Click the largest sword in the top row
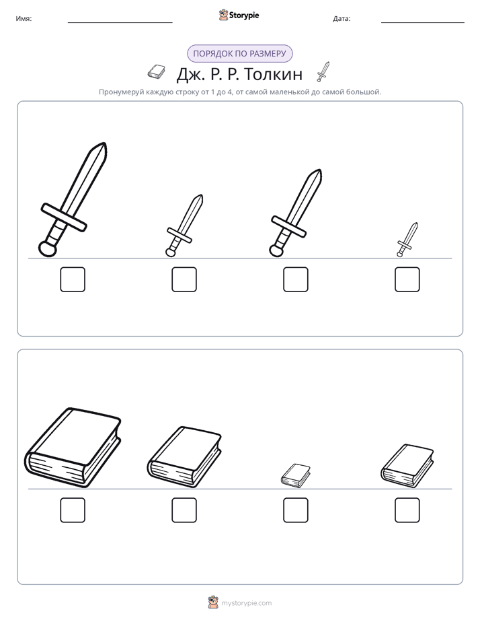[x=73, y=199]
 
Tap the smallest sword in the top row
[x=407, y=240]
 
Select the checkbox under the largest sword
[x=73, y=279]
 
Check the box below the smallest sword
[x=407, y=279]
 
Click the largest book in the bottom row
[x=73, y=447]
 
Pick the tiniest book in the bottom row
[x=295, y=475]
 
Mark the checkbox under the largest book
[x=73, y=510]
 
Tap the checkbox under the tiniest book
[x=295, y=510]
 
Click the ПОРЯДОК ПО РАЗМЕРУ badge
[x=239, y=54]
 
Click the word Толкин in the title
[x=273, y=74]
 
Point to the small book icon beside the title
[x=156, y=71]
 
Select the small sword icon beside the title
[x=323, y=71]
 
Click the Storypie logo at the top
[x=239, y=15]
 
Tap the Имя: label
[x=24, y=19]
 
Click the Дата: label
[x=342, y=19]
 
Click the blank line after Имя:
[x=120, y=23]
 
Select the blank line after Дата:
[x=423, y=23]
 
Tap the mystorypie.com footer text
[x=246, y=603]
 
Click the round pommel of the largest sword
[x=48, y=248]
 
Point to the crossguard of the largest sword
[x=64, y=217]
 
